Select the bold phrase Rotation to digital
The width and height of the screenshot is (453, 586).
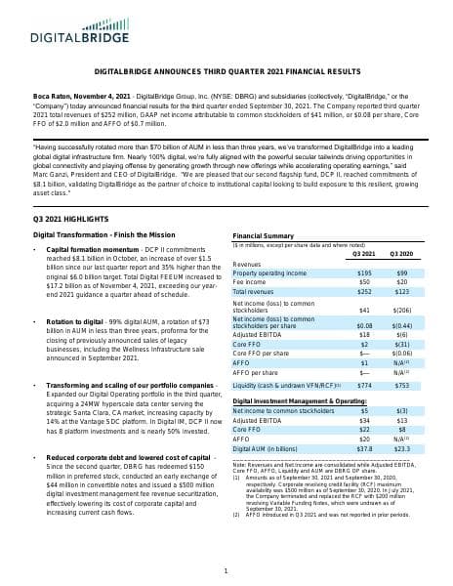(x=74, y=321)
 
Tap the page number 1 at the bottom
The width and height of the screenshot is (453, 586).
(x=226, y=570)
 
